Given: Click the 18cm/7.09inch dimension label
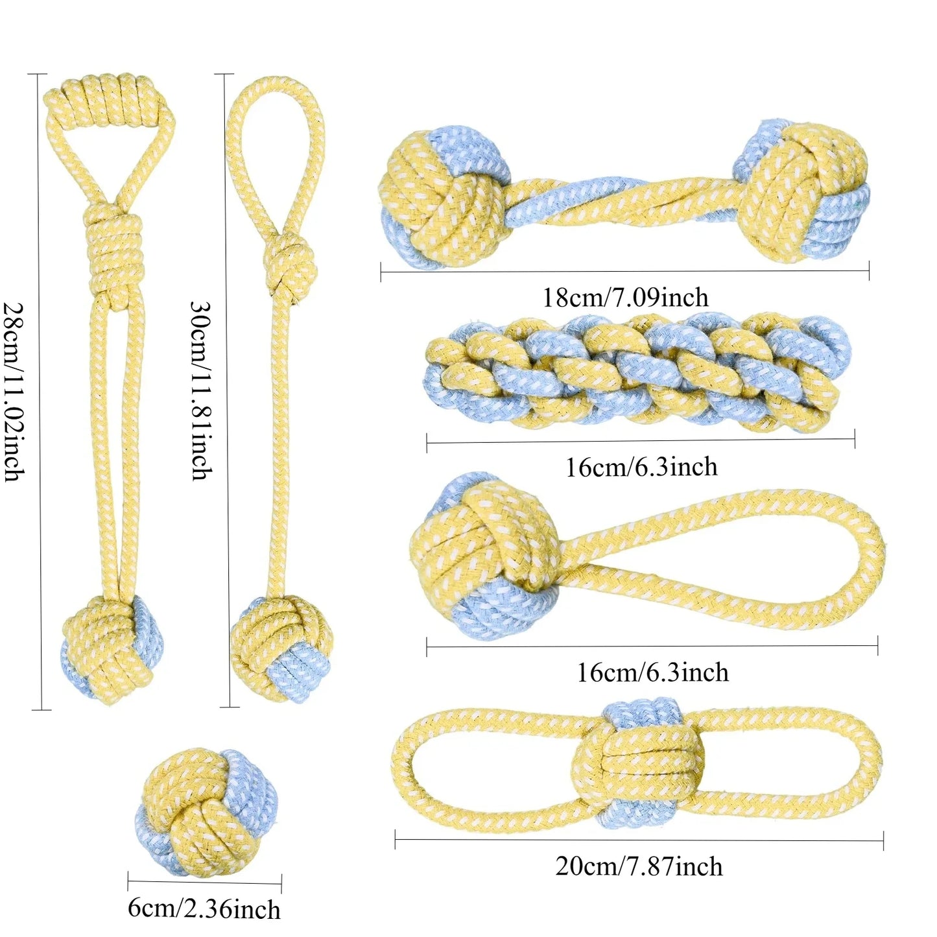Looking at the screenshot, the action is click(625, 297).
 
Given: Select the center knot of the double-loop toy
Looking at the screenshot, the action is click(639, 763).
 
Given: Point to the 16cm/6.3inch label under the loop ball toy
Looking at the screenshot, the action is click(652, 673).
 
